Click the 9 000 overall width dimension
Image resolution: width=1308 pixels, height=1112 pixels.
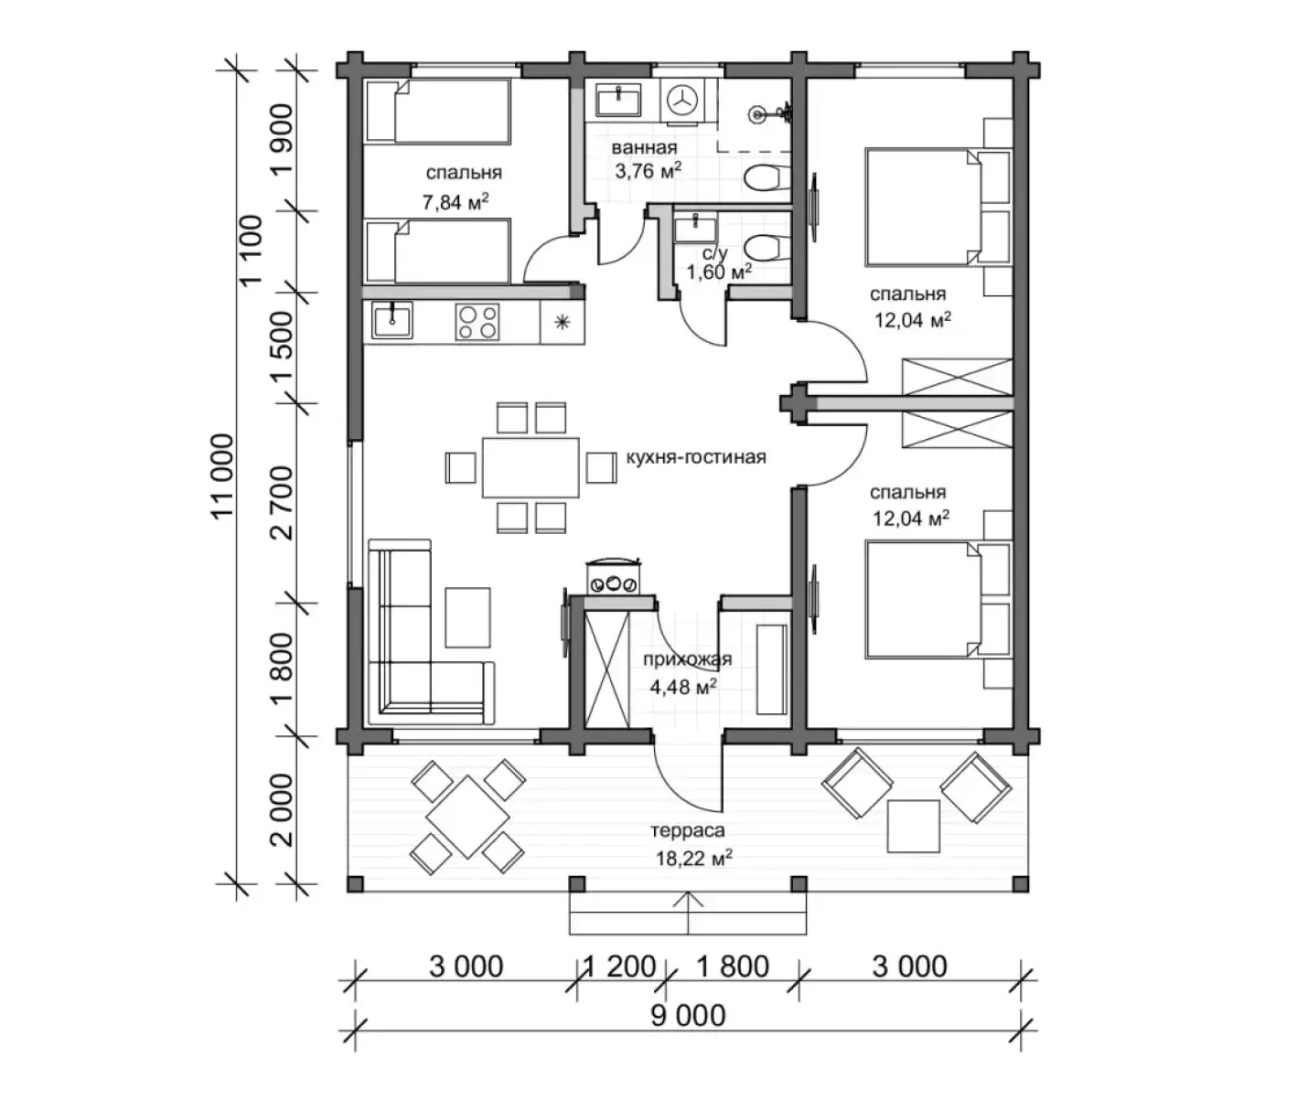pos(688,1017)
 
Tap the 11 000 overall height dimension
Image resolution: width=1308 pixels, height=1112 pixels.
pos(222,476)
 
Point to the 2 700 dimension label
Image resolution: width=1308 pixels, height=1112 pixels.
pos(282,503)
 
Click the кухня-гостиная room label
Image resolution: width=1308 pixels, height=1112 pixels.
pos(696,456)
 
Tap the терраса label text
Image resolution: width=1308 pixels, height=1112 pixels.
pos(688,830)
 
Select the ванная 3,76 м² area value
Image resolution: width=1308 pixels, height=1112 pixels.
pos(649,170)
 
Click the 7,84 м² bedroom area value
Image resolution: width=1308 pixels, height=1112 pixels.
pos(456,202)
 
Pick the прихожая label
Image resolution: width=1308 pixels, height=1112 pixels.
pos(688,659)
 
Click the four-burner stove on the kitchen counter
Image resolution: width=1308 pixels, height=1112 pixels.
pos(477,322)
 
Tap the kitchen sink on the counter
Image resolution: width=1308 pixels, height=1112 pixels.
pos(392,320)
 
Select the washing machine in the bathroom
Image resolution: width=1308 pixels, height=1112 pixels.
pos(682,100)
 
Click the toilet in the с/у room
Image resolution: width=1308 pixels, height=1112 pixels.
pos(767,247)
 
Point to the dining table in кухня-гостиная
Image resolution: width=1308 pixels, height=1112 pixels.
pos(531,467)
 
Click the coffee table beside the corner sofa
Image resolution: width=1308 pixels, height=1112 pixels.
pos(467,617)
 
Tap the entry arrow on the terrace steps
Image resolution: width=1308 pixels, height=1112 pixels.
pos(688,912)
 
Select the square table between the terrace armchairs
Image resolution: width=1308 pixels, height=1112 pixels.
pos(913,826)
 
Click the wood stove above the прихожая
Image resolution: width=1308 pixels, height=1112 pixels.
pos(613,576)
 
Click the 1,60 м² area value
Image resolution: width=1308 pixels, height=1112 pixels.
pos(720,272)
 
